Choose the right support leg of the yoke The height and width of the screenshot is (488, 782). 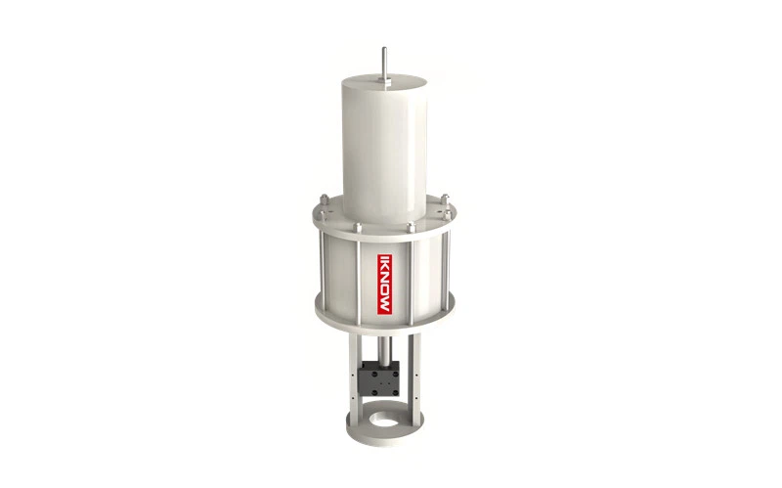pyautogui.click(x=418, y=377)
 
